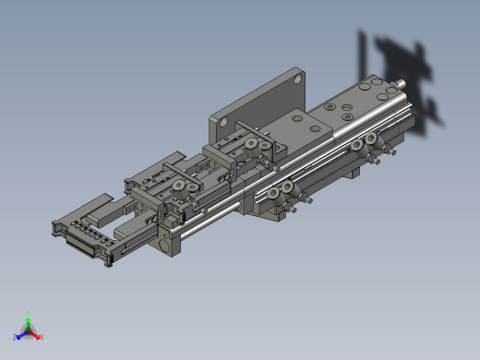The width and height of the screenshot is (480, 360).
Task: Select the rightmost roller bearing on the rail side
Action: point(371,139)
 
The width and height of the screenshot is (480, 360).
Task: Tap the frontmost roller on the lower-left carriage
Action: point(181,194)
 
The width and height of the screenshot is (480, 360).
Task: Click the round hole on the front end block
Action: point(165,245)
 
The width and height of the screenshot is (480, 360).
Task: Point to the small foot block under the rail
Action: point(353,172)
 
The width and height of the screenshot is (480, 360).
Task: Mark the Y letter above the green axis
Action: point(29,313)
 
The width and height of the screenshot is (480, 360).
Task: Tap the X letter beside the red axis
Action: point(42,337)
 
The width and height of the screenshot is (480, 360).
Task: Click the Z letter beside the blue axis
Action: point(16,337)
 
